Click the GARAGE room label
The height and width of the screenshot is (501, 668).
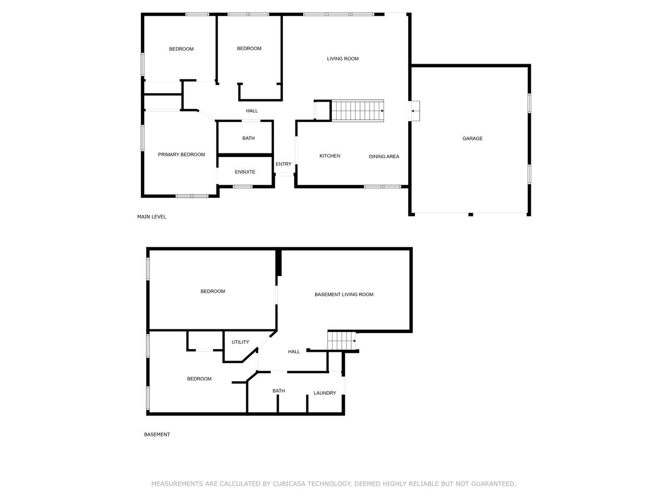(x=472, y=138)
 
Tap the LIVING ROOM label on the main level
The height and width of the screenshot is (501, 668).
(x=343, y=58)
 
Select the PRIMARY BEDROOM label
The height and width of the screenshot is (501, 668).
(x=182, y=154)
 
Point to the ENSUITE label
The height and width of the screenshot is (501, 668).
(x=245, y=172)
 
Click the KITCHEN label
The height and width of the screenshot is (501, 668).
(x=330, y=156)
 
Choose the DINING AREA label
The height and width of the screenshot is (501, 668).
(x=384, y=157)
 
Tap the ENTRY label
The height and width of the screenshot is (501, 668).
(x=283, y=164)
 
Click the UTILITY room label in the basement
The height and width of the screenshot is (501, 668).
(x=241, y=342)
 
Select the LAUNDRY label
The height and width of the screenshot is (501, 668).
(x=325, y=393)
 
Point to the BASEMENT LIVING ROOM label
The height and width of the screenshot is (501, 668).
(x=344, y=294)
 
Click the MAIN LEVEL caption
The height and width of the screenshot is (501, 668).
(x=151, y=217)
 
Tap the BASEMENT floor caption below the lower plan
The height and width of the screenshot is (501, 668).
(x=157, y=434)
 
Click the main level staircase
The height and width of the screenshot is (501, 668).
(x=357, y=111)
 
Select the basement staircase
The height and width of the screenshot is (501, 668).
(x=341, y=341)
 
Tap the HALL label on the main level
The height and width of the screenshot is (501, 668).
(x=252, y=111)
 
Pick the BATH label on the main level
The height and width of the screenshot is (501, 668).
(x=248, y=138)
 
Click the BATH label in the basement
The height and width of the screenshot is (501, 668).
(x=279, y=390)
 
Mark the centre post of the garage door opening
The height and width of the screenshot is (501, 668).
(x=471, y=215)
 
